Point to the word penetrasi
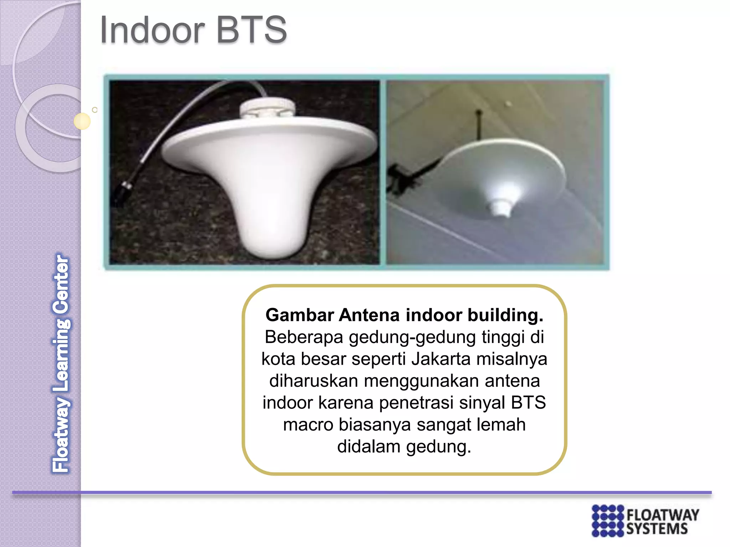(x=416, y=402)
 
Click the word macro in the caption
(x=308, y=424)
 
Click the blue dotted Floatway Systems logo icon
(x=608, y=520)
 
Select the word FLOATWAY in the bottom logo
(x=663, y=515)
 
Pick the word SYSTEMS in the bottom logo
(x=657, y=529)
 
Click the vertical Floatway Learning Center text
(x=61, y=363)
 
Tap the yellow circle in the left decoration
(x=82, y=121)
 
